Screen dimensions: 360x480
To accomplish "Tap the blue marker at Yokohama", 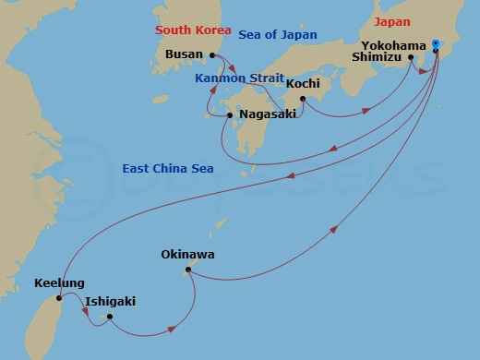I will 436,41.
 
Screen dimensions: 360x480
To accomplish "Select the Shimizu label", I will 377,57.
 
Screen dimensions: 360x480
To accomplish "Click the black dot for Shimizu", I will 411,57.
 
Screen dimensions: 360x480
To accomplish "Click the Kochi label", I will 303,84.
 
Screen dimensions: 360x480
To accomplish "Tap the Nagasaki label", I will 268,115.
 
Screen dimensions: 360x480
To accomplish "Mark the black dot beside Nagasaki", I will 230,115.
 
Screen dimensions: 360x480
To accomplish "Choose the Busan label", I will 183,55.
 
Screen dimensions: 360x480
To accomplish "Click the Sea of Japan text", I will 277,35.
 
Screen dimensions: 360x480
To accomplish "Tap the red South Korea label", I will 192,30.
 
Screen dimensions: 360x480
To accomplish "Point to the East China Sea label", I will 166,169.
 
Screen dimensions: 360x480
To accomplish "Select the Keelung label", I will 59,283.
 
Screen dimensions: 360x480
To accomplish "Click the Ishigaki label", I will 110,301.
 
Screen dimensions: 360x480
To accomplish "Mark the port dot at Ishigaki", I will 109,317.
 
